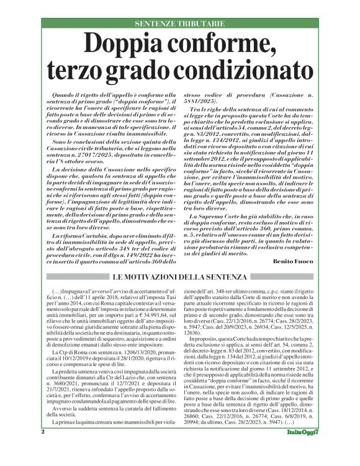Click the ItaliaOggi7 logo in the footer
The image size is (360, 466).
point(315,449)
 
